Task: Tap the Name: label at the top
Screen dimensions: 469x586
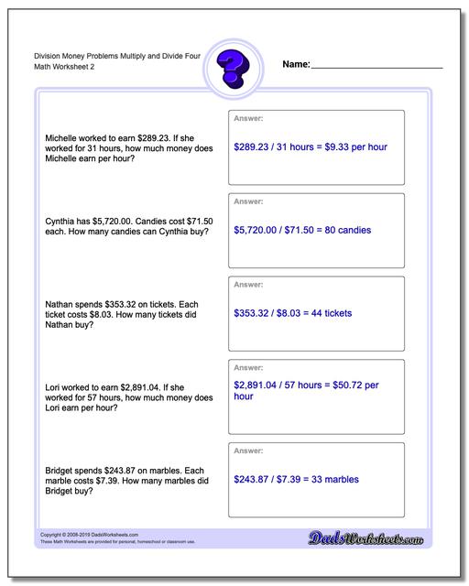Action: click(x=296, y=64)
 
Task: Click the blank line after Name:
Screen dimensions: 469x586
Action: click(x=377, y=68)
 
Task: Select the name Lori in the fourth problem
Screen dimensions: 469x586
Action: click(x=53, y=387)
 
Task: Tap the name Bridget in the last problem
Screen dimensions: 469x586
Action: click(x=63, y=471)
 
